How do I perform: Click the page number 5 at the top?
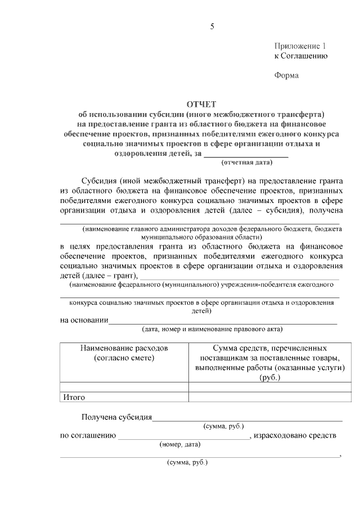(x=212, y=26)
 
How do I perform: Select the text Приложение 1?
(x=300, y=46)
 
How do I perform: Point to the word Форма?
(x=286, y=75)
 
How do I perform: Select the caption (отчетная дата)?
(x=246, y=163)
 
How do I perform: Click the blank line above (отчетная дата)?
(x=246, y=155)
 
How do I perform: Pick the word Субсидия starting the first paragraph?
(x=99, y=181)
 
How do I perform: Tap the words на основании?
(x=84, y=320)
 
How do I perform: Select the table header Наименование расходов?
(x=124, y=348)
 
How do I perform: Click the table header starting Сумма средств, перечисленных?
(x=270, y=348)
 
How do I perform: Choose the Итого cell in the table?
(x=74, y=397)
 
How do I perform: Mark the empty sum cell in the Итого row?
(x=270, y=397)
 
